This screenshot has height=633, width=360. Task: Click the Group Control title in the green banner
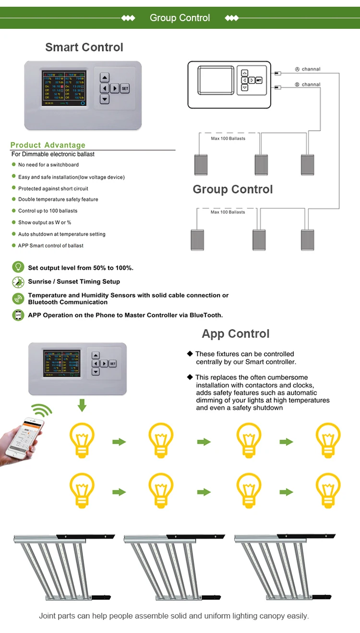point(180,18)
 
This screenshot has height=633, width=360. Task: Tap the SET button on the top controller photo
point(125,88)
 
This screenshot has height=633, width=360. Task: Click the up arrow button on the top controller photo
point(105,78)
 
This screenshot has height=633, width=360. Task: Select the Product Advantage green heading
point(48,145)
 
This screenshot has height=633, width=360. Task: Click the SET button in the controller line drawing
point(259,80)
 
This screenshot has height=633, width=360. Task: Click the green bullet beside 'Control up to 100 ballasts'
point(14,211)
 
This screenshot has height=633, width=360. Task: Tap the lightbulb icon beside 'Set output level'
point(18,267)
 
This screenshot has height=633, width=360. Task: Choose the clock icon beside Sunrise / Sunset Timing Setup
point(18,282)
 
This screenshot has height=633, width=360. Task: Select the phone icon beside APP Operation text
point(18,315)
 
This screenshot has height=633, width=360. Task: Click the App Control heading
point(236,334)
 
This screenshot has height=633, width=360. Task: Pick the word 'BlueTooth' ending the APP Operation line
point(206,315)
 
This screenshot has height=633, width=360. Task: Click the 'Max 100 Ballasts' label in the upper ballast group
point(228,139)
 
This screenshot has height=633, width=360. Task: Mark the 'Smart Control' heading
point(84,47)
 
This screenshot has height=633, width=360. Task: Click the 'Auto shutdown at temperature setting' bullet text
point(61,234)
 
